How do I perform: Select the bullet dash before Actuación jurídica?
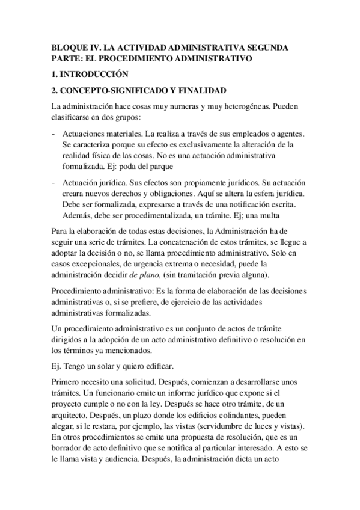[x=55, y=182]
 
